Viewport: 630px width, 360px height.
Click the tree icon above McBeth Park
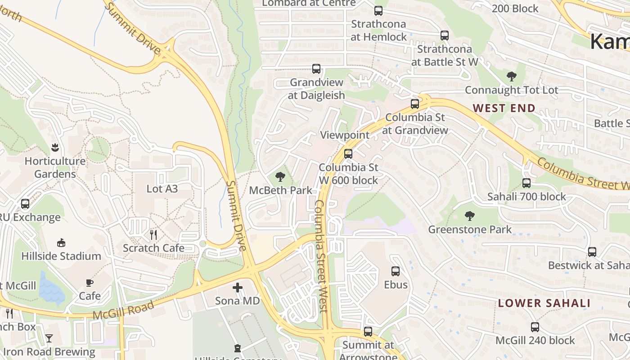[280, 176]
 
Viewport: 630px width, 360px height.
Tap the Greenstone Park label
[469, 229]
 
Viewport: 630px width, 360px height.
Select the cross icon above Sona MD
[238, 287]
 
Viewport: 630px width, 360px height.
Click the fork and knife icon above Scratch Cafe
[153, 234]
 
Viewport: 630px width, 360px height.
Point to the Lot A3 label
[162, 189]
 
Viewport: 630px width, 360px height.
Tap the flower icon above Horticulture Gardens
[54, 147]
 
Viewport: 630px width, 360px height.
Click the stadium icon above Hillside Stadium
[61, 243]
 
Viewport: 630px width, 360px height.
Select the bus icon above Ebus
[396, 271]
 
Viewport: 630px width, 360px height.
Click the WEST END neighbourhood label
[504, 108]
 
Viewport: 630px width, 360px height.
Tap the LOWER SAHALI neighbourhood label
[544, 303]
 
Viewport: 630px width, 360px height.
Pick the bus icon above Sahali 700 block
[526, 183]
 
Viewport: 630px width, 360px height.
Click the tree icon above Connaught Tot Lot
[511, 76]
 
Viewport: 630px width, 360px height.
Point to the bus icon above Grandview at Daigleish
[316, 69]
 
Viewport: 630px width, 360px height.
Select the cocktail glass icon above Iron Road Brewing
[49, 338]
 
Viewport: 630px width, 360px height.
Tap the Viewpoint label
[344, 135]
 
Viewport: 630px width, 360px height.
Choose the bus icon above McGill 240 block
[535, 327]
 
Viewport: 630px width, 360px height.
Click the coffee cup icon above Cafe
[90, 283]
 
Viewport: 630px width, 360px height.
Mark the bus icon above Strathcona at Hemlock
[378, 11]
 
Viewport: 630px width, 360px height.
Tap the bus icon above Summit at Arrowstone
[368, 332]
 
